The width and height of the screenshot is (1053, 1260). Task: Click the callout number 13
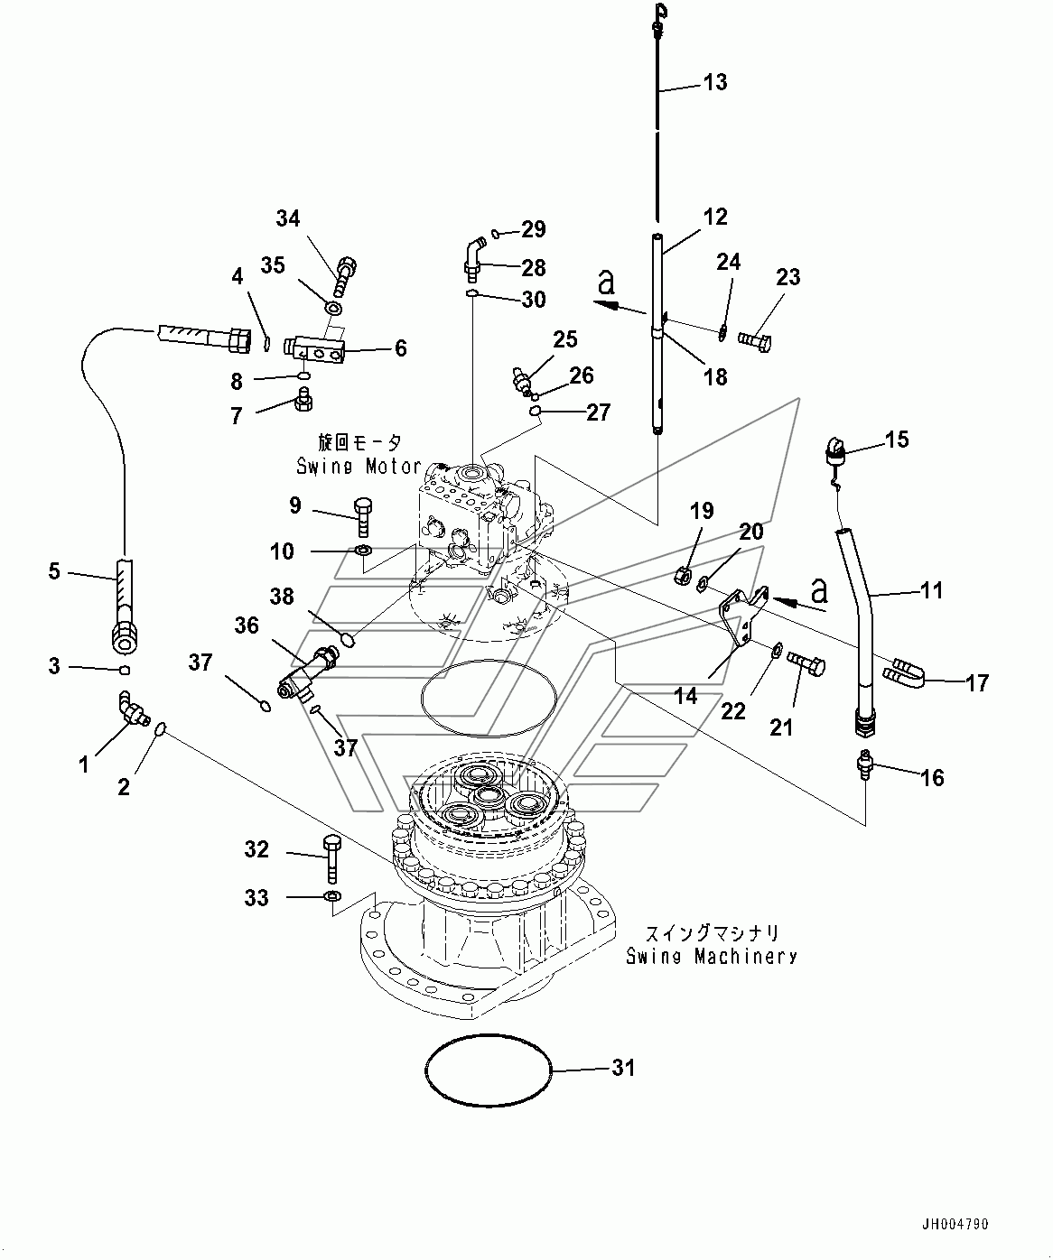[714, 83]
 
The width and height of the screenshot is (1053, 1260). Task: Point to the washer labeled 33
[331, 896]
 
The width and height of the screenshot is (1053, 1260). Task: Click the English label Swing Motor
[359, 466]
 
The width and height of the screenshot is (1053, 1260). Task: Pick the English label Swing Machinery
[712, 957]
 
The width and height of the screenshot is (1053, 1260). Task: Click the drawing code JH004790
[955, 1225]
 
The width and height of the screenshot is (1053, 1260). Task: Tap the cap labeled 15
[834, 448]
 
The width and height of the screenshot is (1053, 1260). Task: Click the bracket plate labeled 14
[742, 615]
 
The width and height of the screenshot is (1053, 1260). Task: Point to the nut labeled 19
[685, 573]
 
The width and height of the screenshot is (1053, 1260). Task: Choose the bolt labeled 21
[806, 666]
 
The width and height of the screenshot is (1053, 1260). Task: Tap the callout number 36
[247, 625]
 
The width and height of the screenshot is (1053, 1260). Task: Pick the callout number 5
[54, 570]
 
